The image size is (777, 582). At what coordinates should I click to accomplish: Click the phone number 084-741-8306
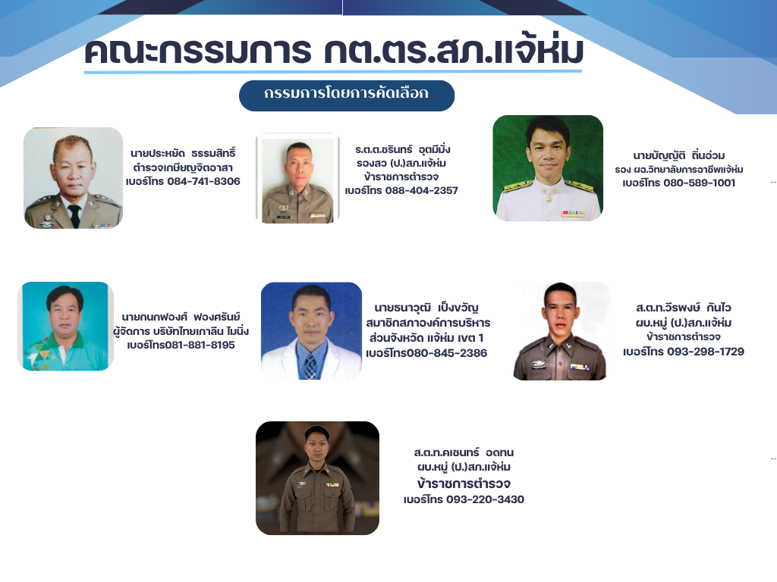[203, 182]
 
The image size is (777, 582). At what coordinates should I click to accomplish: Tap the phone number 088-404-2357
[422, 190]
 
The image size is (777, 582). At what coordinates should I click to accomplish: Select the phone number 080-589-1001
[699, 183]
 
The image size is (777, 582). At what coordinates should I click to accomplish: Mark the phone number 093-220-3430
[485, 499]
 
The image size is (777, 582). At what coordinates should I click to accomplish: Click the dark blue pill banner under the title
[346, 95]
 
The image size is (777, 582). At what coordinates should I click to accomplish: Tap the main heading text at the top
[334, 51]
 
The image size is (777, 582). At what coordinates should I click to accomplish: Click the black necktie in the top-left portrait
[74, 216]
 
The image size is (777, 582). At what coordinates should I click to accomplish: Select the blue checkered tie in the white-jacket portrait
[310, 367]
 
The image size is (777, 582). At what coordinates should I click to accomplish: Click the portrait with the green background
[548, 167]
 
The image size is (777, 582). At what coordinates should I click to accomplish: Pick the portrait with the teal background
[65, 326]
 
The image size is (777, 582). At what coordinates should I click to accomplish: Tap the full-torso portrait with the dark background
[318, 478]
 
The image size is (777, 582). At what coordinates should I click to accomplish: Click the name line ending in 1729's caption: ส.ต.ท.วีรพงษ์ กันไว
[684, 308]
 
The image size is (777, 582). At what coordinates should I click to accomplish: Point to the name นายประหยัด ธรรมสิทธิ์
[183, 153]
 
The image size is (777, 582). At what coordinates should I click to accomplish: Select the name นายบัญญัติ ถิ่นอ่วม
[679, 156]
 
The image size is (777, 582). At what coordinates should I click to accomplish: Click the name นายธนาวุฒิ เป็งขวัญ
[426, 308]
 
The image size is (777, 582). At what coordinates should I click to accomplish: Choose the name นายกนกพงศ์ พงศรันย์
[181, 318]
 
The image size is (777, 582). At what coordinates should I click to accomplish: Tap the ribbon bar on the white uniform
[573, 214]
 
